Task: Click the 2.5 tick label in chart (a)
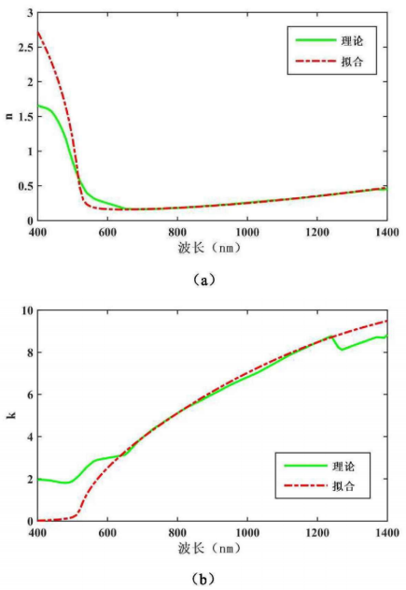click(26, 48)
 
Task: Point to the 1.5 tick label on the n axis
click(26, 117)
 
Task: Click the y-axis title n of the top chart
click(9, 116)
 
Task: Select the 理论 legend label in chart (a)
click(352, 40)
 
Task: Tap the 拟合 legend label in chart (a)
click(352, 61)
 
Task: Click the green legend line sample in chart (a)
click(315, 40)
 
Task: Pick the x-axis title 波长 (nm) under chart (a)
click(209, 247)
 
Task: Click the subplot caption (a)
click(204, 280)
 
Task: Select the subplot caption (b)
click(203, 579)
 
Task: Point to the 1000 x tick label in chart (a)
click(247, 232)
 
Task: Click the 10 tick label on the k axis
click(27, 310)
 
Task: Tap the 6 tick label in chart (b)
click(30, 395)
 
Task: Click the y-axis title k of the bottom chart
click(11, 415)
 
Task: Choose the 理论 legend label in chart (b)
click(343, 467)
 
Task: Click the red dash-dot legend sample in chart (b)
click(306, 486)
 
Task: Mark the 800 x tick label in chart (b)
click(177, 532)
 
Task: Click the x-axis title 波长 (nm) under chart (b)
click(209, 548)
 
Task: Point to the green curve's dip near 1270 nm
click(342, 350)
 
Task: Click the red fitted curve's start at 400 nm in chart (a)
click(38, 32)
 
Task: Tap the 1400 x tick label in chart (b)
click(386, 532)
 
